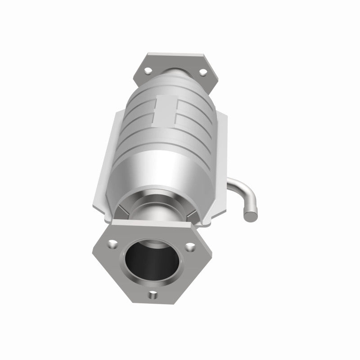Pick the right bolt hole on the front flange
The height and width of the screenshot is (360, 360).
[192, 246]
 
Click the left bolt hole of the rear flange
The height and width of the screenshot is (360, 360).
[147, 70]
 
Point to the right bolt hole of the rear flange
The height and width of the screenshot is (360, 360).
[202, 71]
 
